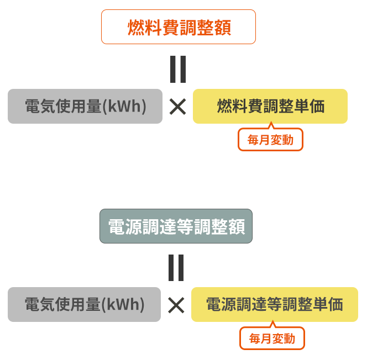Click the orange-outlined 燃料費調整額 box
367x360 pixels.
178,27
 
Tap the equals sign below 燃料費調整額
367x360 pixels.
178,69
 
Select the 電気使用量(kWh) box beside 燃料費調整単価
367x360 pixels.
85,106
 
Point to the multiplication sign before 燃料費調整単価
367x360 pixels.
177,107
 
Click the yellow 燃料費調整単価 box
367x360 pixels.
270,106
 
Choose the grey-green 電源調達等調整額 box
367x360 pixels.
176,226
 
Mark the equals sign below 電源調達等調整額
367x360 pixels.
176,267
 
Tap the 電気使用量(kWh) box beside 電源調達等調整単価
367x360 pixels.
84,304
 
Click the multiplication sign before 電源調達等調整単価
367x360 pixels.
176,305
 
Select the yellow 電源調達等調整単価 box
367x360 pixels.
274,304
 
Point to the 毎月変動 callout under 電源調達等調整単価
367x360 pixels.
272,338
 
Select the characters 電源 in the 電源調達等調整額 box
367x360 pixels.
125,227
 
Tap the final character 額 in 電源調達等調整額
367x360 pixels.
236,227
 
